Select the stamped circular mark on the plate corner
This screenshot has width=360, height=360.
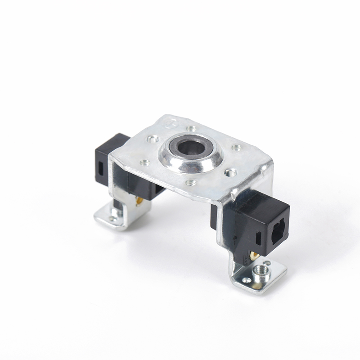(170, 121)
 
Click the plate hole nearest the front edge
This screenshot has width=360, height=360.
(191, 183)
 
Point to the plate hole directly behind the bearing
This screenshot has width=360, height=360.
(192, 128)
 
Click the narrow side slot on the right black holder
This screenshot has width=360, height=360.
(258, 238)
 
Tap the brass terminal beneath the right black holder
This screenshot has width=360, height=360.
(255, 256)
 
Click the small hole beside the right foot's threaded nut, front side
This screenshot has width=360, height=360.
(247, 280)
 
